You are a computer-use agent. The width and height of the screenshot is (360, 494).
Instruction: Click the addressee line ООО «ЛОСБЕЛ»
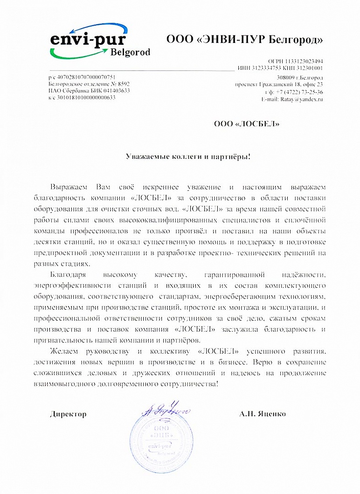point(247,124)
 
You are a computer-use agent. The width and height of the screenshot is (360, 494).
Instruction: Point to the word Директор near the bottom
point(68,414)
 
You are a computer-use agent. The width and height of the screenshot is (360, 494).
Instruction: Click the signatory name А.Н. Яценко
point(263,414)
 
